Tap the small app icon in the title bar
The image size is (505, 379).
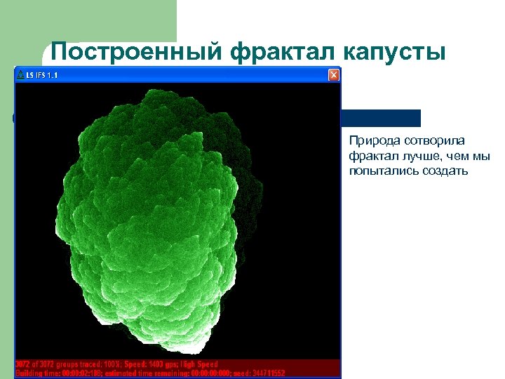[20, 74]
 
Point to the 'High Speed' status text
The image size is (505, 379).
[198, 364]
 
